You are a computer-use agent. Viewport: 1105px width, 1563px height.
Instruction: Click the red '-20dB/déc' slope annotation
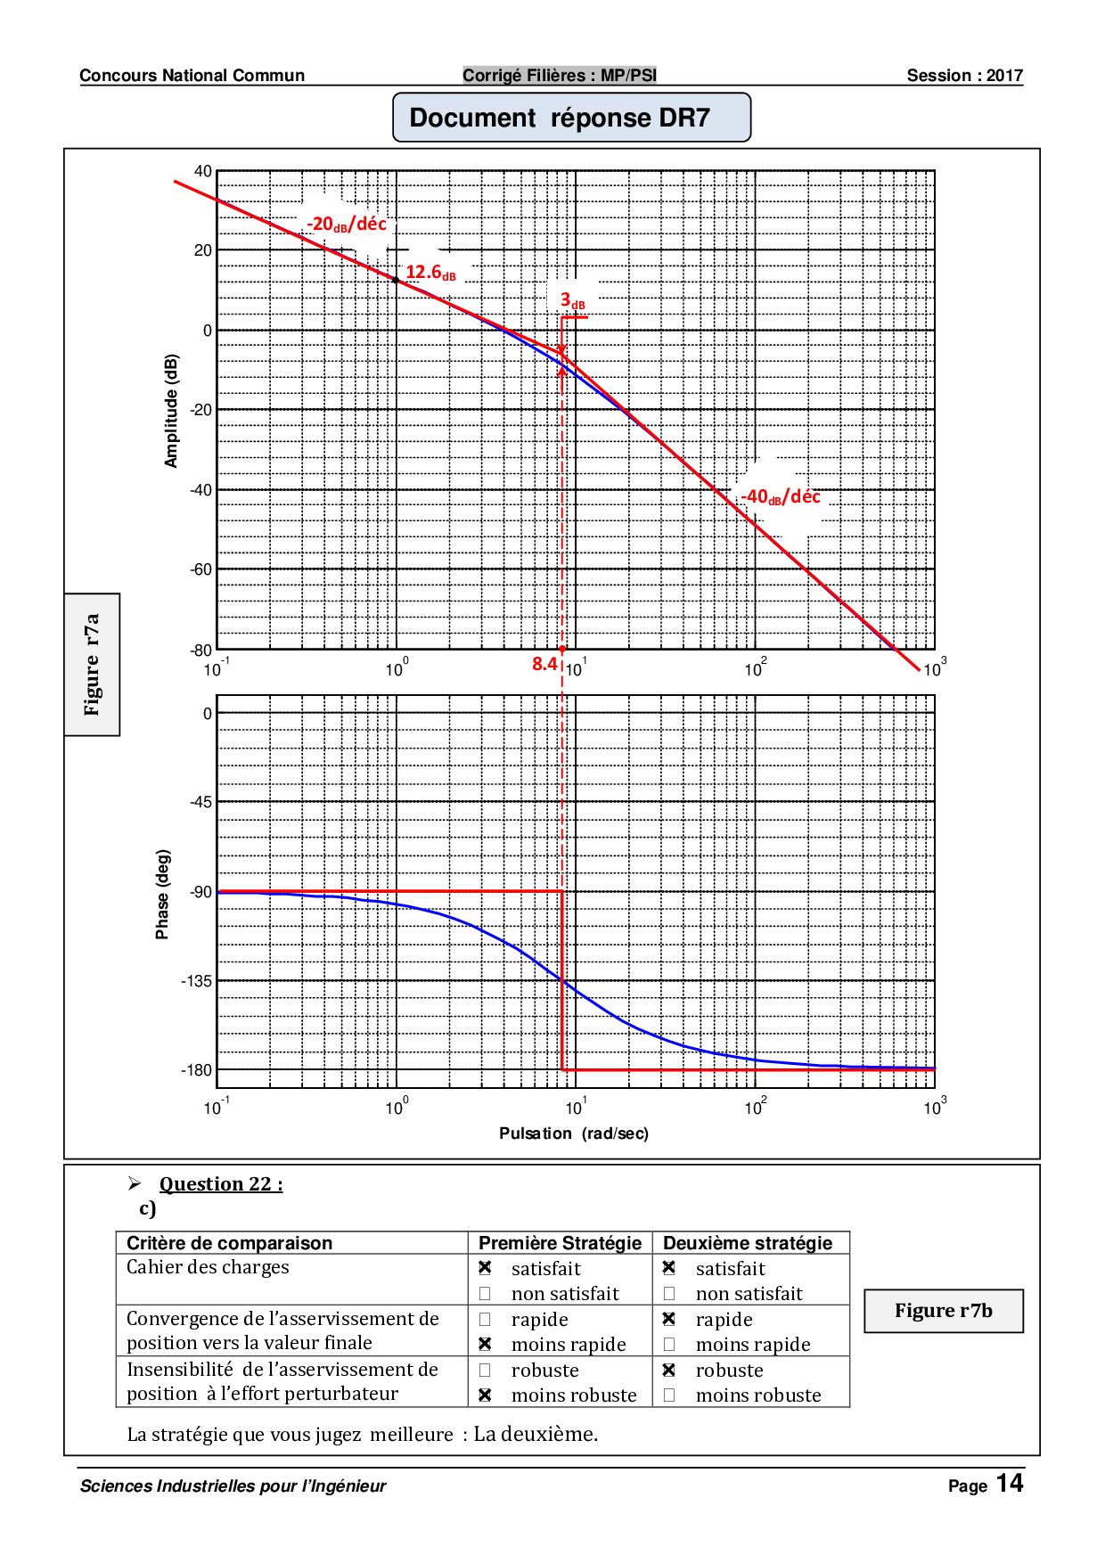tap(346, 224)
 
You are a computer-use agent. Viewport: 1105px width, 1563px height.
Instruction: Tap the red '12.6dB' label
tap(430, 273)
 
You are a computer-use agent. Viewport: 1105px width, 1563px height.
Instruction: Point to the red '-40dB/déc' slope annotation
tap(781, 496)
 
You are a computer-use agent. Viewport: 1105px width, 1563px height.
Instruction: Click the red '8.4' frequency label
tap(544, 664)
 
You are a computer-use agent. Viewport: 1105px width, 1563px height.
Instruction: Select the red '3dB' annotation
tap(572, 301)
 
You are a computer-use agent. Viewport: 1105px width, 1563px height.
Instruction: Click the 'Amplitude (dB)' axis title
tap(171, 411)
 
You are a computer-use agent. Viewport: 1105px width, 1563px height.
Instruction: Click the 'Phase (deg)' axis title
tap(162, 894)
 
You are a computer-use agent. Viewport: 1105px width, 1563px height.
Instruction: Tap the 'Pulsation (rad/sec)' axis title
tap(574, 1133)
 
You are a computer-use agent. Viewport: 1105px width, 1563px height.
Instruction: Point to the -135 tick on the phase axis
tap(196, 981)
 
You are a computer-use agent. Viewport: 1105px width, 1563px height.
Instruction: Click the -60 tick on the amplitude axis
tap(201, 569)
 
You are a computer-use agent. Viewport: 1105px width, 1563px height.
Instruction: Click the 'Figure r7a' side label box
tap(92, 665)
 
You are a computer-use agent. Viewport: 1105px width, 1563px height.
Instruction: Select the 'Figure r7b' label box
tap(943, 1311)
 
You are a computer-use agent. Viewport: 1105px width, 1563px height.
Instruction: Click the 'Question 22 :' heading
tap(221, 1184)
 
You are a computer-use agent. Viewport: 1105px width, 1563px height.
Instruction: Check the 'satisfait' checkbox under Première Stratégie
tap(485, 1268)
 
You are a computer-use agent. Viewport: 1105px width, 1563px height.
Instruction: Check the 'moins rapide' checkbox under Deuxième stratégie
tap(669, 1344)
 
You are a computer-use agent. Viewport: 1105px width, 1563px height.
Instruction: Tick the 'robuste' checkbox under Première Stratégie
tap(485, 1370)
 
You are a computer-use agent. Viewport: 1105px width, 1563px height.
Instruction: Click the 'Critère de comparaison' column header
tap(229, 1243)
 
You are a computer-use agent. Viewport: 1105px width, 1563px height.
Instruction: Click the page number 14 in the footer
tap(1010, 1483)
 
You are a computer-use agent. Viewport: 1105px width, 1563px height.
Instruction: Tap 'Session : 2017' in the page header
tap(964, 76)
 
